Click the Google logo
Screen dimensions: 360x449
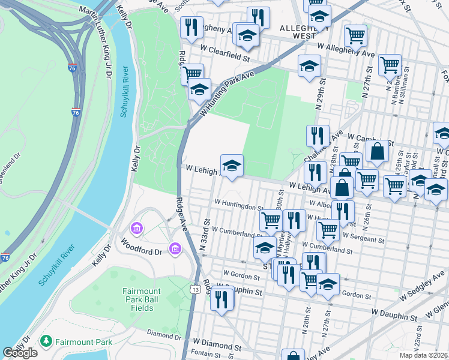(20, 353)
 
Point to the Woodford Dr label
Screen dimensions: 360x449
(142, 247)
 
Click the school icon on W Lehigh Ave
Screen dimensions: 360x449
(232, 165)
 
